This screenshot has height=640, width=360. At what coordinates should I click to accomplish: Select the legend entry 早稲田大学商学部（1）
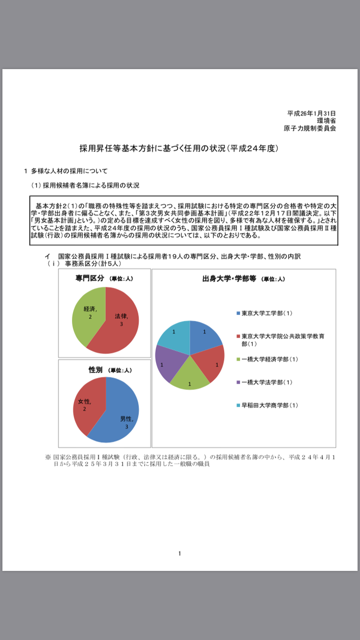[x=269, y=405]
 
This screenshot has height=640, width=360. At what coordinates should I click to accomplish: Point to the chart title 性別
[x=95, y=370]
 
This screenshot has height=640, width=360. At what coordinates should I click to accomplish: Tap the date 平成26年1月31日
[x=311, y=113]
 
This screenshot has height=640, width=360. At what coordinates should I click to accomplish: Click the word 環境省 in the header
[x=326, y=120]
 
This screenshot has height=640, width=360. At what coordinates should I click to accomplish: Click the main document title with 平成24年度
[x=179, y=148]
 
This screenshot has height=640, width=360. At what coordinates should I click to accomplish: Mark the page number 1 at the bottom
[x=179, y=553]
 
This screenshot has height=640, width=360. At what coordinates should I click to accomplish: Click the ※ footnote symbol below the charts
[x=48, y=457]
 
